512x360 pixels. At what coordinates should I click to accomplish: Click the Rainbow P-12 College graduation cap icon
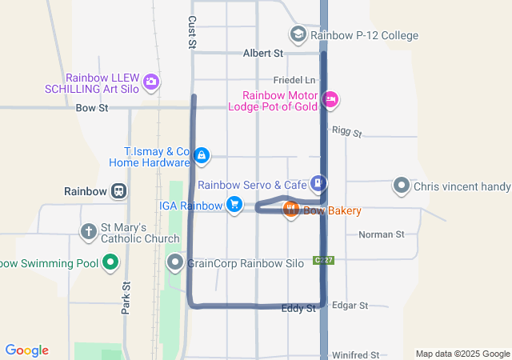(x=298, y=34)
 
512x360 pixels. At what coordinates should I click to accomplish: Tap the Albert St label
(x=263, y=54)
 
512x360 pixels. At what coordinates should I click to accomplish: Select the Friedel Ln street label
(x=294, y=81)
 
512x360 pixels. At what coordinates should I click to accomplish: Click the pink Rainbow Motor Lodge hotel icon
(x=330, y=99)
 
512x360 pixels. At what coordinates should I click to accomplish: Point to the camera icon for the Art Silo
(x=150, y=82)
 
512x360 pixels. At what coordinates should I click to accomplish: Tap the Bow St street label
(x=91, y=107)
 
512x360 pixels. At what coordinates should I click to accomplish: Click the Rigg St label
(x=347, y=131)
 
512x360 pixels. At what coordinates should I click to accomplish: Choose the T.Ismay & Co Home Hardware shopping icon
(x=202, y=155)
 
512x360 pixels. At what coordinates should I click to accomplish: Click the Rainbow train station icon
(x=118, y=191)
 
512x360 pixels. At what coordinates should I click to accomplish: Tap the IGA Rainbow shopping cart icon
(x=234, y=205)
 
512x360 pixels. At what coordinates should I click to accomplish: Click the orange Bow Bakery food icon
(x=290, y=210)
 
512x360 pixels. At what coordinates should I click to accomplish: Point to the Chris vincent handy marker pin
(x=401, y=186)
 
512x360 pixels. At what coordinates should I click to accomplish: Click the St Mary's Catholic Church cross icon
(x=89, y=232)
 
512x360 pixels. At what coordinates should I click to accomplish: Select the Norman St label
(x=382, y=234)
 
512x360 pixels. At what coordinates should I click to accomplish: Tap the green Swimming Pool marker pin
(x=111, y=262)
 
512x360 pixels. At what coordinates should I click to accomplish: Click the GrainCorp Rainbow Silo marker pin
(x=174, y=262)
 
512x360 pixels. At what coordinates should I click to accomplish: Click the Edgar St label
(x=350, y=306)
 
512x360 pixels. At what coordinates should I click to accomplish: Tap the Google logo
(x=27, y=350)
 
